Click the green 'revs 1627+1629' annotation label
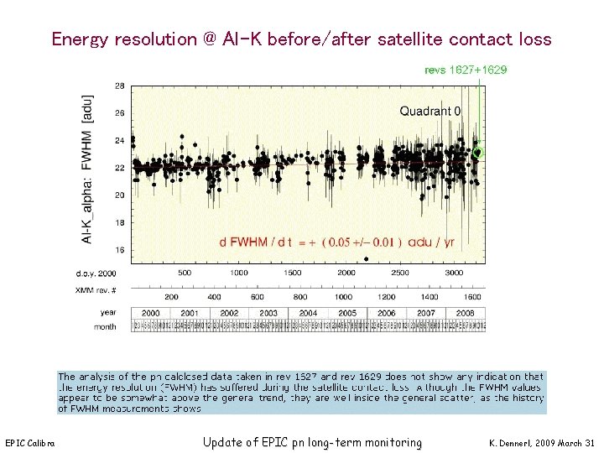[466, 70]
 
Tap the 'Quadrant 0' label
[430, 111]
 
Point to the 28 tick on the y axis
[120, 86]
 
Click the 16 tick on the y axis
[120, 250]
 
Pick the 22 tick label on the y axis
[120, 168]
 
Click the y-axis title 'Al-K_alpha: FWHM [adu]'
[87, 169]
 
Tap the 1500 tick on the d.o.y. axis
[292, 273]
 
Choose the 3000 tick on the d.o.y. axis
[454, 273]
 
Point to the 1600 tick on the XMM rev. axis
[472, 296]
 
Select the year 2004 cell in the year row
[310, 313]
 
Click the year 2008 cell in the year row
[466, 313]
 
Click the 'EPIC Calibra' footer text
[30, 443]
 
